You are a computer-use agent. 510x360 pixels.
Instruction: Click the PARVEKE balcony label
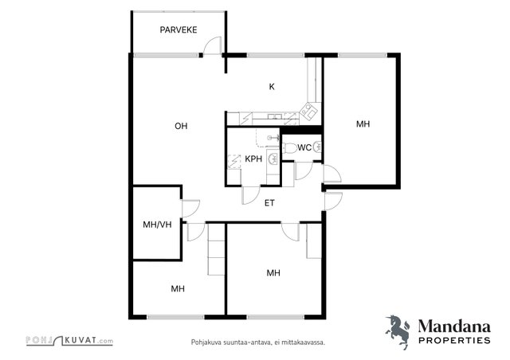click(178, 30)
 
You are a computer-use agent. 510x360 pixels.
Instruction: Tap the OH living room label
click(181, 126)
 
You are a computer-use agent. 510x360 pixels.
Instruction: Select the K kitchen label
click(272, 87)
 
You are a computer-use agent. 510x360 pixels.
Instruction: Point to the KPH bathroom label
click(253, 158)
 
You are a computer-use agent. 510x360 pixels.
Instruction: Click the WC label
click(304, 147)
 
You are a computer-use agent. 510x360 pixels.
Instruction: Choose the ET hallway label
click(269, 203)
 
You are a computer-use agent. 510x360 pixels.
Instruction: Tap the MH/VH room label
click(157, 225)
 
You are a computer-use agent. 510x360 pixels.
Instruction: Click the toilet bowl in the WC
click(289, 148)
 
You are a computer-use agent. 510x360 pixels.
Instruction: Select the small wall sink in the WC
click(317, 147)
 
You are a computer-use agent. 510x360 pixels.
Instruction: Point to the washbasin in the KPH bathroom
click(273, 158)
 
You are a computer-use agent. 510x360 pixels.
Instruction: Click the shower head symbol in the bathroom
click(273, 138)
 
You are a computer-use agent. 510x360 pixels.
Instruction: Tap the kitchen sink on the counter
click(275, 116)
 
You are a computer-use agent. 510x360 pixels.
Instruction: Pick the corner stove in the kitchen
click(308, 111)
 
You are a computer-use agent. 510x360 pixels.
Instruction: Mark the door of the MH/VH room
click(190, 209)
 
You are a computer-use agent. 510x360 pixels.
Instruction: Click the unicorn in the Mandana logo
click(398, 331)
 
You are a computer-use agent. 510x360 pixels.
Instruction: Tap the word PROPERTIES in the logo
click(454, 341)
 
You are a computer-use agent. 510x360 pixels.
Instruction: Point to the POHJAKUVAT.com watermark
click(69, 341)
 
